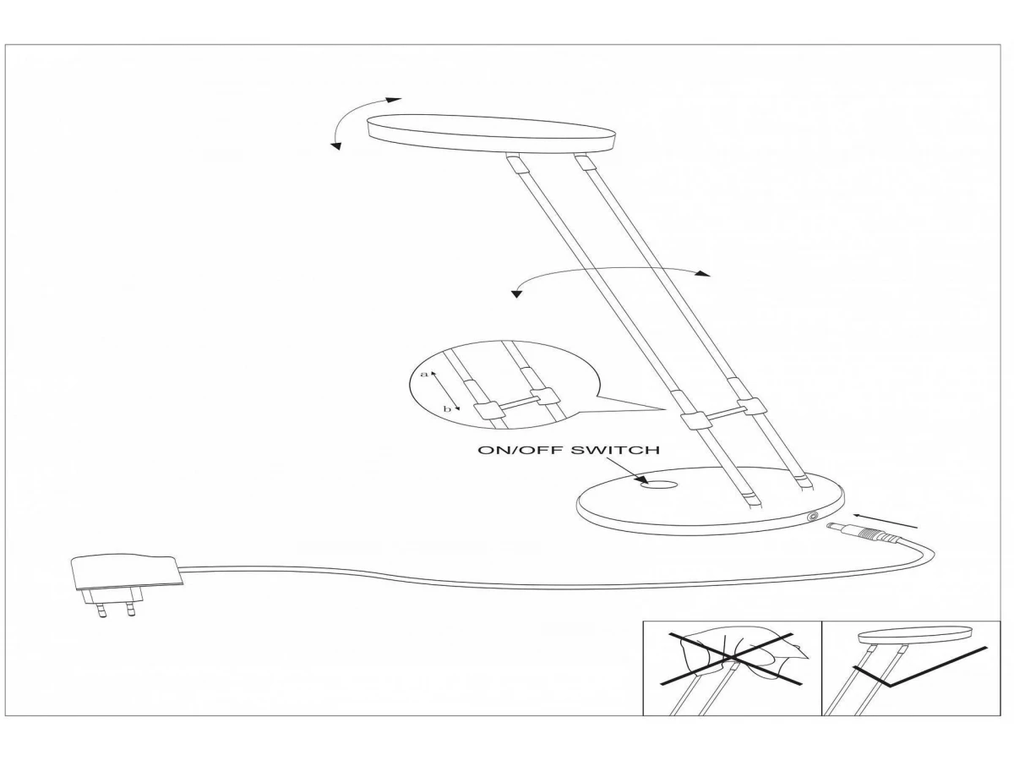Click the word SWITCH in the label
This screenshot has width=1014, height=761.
point(617,450)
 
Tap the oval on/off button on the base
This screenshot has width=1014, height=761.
point(659,485)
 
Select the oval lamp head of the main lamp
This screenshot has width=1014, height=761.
point(492,134)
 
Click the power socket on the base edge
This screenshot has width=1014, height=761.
point(813,517)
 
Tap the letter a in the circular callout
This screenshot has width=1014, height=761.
point(424,373)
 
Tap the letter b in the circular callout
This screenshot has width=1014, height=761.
point(447,409)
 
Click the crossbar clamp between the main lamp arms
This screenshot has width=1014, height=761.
point(718,414)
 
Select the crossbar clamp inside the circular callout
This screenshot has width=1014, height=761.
point(515,404)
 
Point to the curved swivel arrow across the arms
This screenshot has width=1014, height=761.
point(608,275)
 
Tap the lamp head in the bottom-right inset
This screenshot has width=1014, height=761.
point(915,634)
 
